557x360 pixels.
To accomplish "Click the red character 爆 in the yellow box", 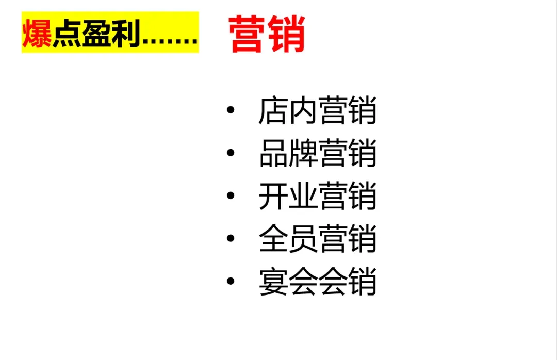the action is click(38, 34).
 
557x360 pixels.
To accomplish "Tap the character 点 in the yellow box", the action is click(67, 34).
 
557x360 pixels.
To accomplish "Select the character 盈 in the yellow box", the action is click(97, 34).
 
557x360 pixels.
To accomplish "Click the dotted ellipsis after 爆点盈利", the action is click(170, 41).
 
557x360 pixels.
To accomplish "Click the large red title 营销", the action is click(267, 34).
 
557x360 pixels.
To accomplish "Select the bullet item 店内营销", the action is click(317, 110).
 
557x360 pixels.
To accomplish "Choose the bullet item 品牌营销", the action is click(317, 153).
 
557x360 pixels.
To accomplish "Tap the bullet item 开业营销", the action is click(317, 196).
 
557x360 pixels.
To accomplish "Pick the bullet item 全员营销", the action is click(317, 239).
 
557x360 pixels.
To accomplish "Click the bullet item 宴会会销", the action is click(317, 282).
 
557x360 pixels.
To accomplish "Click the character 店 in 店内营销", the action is click(273, 110).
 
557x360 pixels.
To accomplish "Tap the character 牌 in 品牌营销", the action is click(303, 153).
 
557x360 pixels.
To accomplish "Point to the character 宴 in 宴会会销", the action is click(273, 282).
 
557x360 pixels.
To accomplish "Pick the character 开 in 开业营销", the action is click(273, 196).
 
